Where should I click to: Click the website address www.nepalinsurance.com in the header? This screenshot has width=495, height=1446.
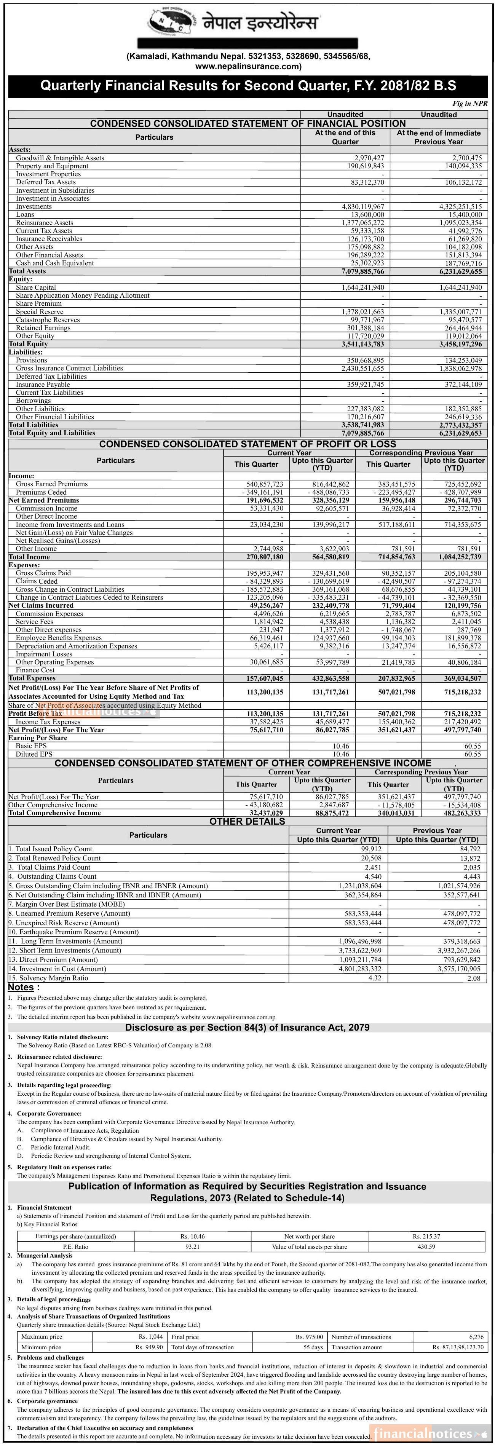248,66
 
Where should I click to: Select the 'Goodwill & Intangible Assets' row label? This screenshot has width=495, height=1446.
60,158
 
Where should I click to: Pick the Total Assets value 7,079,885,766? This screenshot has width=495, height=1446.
362,271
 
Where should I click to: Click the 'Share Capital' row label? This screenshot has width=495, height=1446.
36,287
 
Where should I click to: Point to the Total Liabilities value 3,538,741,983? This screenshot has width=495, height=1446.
362,425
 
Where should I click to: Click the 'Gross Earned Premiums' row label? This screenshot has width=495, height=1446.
52,484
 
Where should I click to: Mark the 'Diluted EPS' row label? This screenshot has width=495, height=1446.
34,754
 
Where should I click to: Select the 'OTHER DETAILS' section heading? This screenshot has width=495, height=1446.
247,821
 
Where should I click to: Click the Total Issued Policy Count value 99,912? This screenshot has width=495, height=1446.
371,849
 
